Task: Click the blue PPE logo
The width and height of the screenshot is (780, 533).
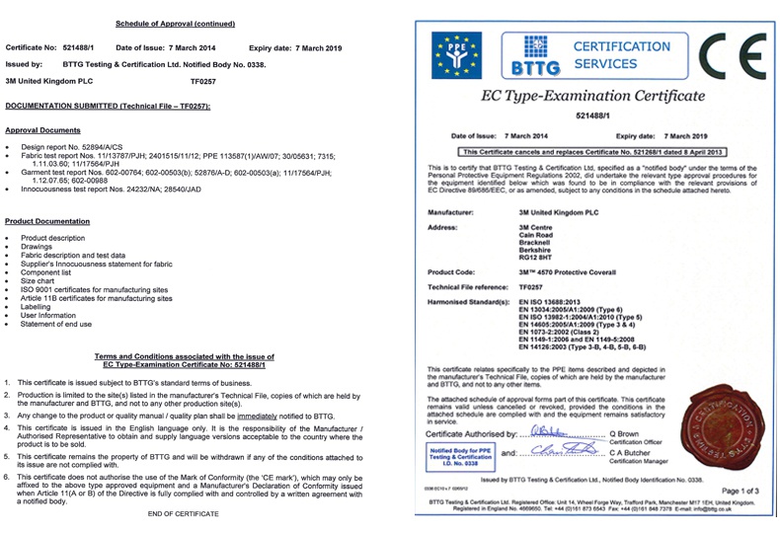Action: coord(456,55)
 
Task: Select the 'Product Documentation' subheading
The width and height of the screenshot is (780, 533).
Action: coord(50,221)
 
